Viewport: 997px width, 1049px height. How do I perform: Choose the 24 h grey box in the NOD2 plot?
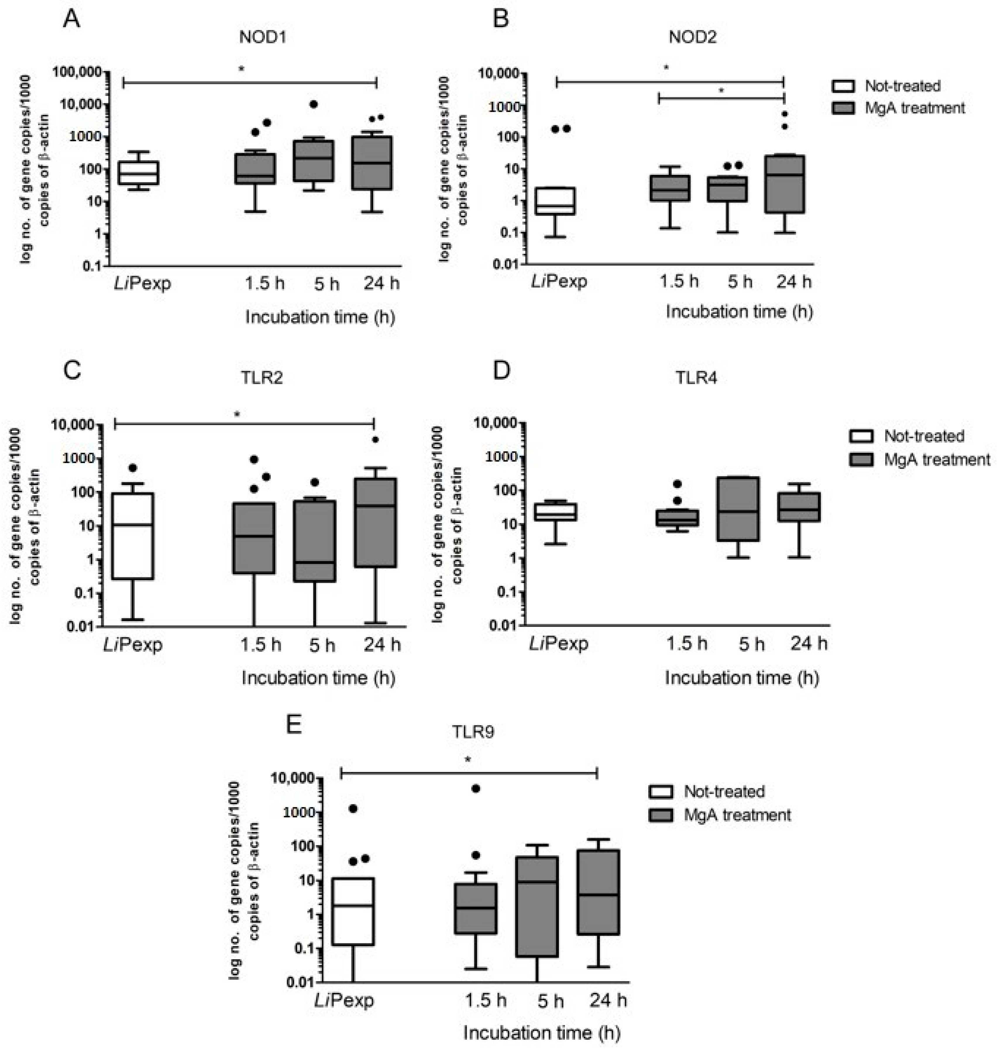[784, 184]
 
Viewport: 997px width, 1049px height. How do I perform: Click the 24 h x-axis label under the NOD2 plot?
[794, 281]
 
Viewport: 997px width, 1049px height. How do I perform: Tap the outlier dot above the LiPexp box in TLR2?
[133, 468]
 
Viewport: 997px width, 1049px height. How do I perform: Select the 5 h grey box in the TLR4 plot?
[738, 509]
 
